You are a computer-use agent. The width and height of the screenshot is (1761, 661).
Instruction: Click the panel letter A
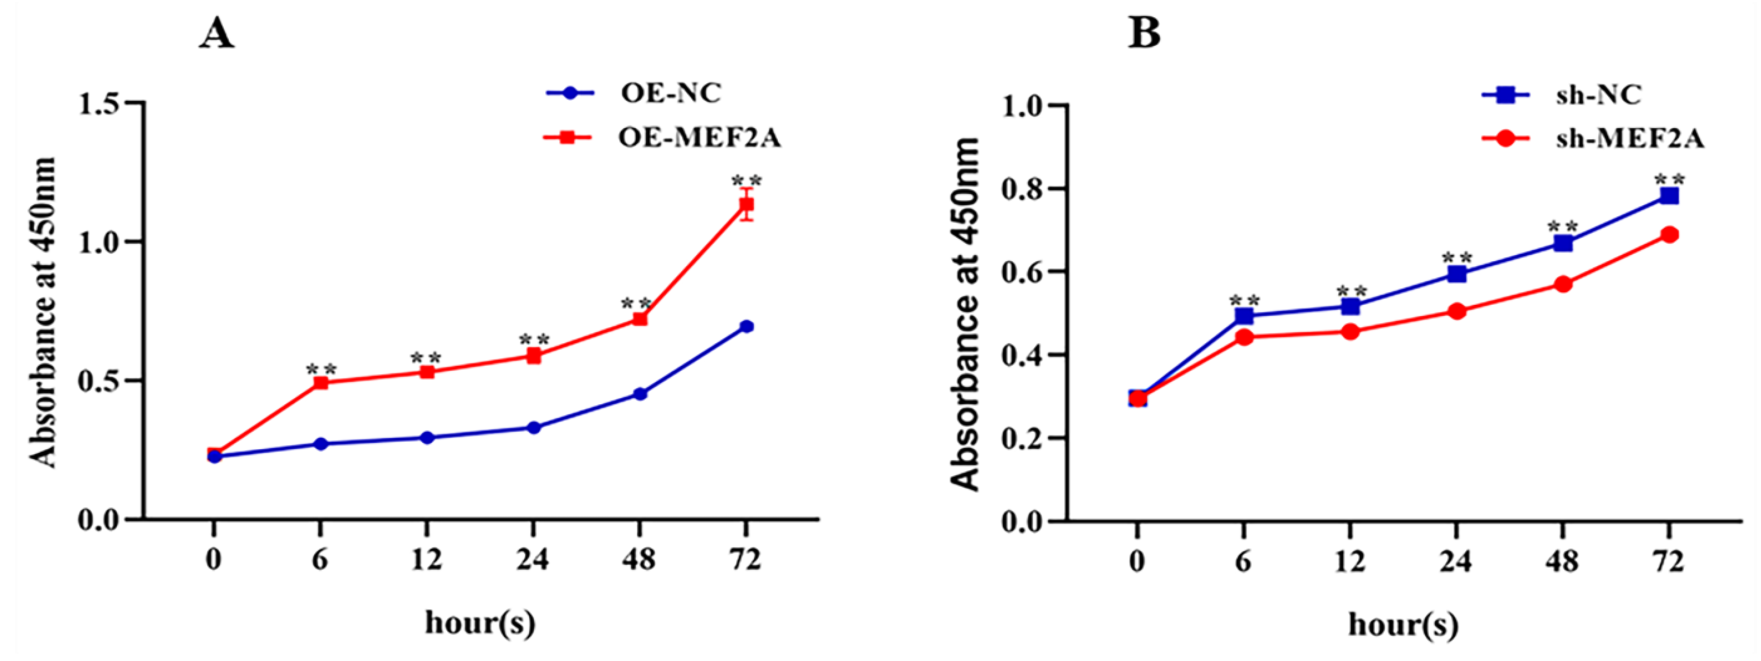tap(217, 34)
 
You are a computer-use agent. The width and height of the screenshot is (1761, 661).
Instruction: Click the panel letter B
tap(1144, 34)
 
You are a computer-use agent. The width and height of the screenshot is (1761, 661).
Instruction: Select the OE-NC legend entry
tap(670, 93)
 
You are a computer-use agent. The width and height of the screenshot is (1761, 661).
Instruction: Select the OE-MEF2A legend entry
tap(698, 138)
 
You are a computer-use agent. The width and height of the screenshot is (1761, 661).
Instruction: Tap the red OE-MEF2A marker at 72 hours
tap(747, 204)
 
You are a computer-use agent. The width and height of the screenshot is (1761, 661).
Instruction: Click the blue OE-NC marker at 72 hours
tap(747, 327)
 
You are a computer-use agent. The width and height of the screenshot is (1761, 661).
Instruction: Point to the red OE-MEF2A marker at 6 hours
tap(320, 383)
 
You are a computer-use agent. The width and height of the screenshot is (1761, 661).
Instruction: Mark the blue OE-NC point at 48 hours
tap(640, 394)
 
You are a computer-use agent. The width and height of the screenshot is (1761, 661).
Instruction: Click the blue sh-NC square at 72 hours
tap(1669, 196)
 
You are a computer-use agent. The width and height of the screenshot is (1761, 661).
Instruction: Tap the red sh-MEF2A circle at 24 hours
tap(1457, 311)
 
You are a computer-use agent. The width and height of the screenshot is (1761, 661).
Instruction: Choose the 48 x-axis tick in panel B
tap(1562, 562)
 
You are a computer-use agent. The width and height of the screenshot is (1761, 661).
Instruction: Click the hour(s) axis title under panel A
tap(480, 624)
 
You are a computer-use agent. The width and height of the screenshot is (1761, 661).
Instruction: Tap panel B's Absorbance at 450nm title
tap(966, 314)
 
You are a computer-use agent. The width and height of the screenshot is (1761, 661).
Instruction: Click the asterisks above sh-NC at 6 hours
tap(1244, 300)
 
